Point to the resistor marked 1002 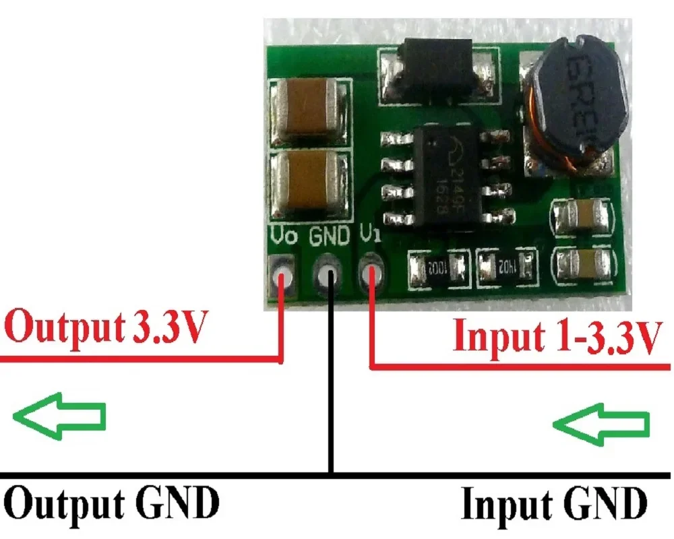pos(438,267)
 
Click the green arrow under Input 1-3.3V pos(602,423)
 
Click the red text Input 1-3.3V pos(554,335)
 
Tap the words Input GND pos(554,503)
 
